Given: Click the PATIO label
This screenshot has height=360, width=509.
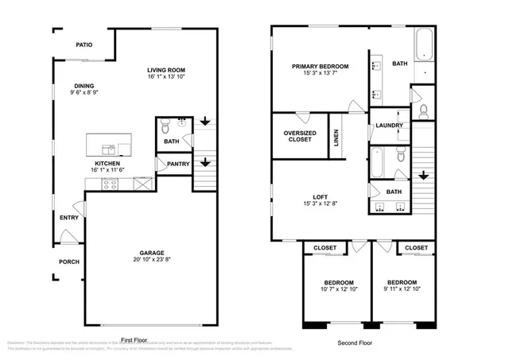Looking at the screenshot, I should tap(85, 45).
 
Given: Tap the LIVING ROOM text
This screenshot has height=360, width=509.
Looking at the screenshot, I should tap(166, 70).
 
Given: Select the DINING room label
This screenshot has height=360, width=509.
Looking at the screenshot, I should tap(84, 86).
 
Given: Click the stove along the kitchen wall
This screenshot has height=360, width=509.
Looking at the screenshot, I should tap(111, 184).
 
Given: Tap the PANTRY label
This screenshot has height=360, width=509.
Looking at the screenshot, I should tap(177, 164).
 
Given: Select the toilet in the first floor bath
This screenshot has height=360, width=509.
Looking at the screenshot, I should tap(165, 126).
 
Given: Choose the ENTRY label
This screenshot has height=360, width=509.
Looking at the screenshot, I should tap(68, 217).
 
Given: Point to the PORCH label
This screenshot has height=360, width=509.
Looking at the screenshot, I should tap(68, 261).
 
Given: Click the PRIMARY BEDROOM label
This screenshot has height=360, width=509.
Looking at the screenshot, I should tap(320, 67).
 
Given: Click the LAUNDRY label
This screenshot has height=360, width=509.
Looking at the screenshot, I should tap(389, 126).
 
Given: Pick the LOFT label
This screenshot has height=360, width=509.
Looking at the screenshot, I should tap(320, 199).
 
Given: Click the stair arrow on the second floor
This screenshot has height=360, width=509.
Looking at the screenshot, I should tap(424, 175).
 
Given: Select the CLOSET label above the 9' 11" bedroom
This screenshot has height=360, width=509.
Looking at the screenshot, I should tap(416, 248).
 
